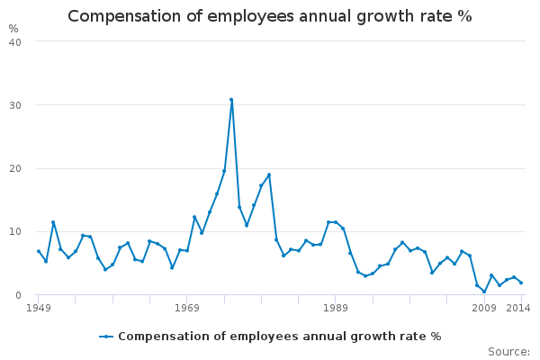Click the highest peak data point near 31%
pos(231,100)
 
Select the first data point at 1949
pos(39,251)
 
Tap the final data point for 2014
pos(521,283)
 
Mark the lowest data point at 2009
pos(484,292)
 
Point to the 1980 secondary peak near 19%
pos(269,175)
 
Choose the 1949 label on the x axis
pos(39,308)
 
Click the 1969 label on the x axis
pos(187,308)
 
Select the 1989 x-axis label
pos(336,308)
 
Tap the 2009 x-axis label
pos(484,308)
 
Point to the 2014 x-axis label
pos(518,308)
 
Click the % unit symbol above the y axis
pos(13,28)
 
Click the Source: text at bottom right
pos(508,351)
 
